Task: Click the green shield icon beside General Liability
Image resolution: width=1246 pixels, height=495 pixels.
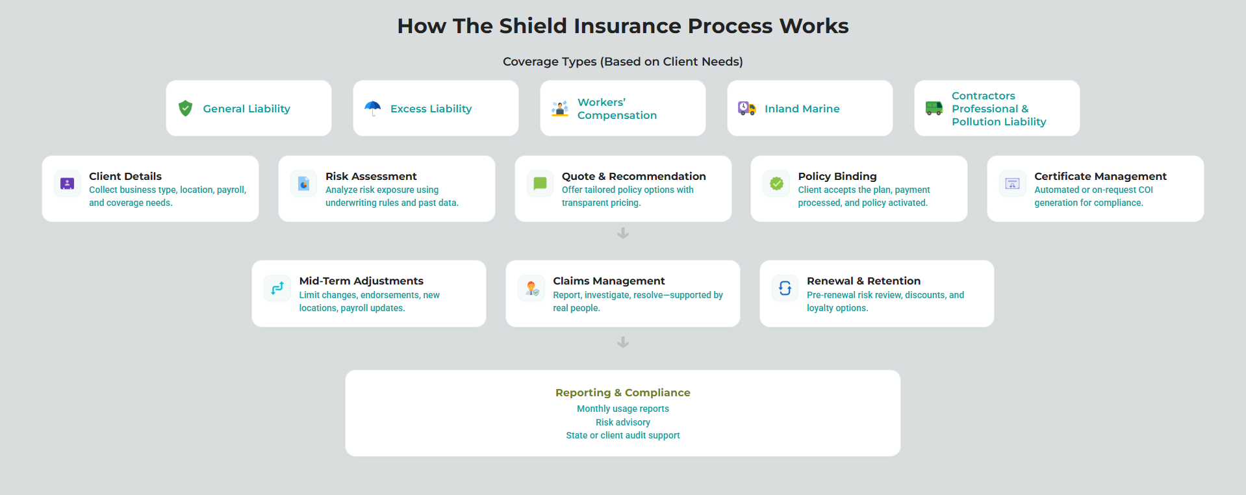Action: point(185,108)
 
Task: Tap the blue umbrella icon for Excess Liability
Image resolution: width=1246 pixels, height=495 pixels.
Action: point(372,108)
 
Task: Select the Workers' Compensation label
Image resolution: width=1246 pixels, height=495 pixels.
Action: point(617,108)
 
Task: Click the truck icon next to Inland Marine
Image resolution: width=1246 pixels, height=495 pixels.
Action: point(746,108)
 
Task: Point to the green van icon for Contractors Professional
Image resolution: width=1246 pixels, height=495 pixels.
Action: point(934,108)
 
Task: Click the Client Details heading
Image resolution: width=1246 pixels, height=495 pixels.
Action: point(125,176)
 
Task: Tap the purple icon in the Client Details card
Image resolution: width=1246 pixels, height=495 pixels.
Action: point(67,184)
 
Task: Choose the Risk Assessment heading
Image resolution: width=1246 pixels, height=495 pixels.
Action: point(371,176)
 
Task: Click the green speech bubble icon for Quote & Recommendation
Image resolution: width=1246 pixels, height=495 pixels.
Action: point(540,184)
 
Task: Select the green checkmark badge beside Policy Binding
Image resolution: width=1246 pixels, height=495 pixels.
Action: point(776,184)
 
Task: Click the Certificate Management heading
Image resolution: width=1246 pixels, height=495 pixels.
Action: point(1100,176)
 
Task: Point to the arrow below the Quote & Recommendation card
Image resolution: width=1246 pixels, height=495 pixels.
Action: point(623,233)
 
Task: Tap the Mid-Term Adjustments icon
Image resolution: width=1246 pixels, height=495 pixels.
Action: point(277,288)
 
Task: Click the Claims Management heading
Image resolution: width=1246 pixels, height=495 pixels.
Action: point(609,281)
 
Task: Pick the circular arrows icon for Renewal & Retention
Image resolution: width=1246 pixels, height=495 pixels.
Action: point(785,288)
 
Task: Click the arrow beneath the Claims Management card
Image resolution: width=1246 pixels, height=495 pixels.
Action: point(623,342)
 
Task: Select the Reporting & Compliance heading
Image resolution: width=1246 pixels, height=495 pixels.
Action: point(623,392)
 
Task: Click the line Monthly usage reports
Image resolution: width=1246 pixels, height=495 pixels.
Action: point(623,409)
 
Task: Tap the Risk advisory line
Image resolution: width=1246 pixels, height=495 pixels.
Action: point(623,422)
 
